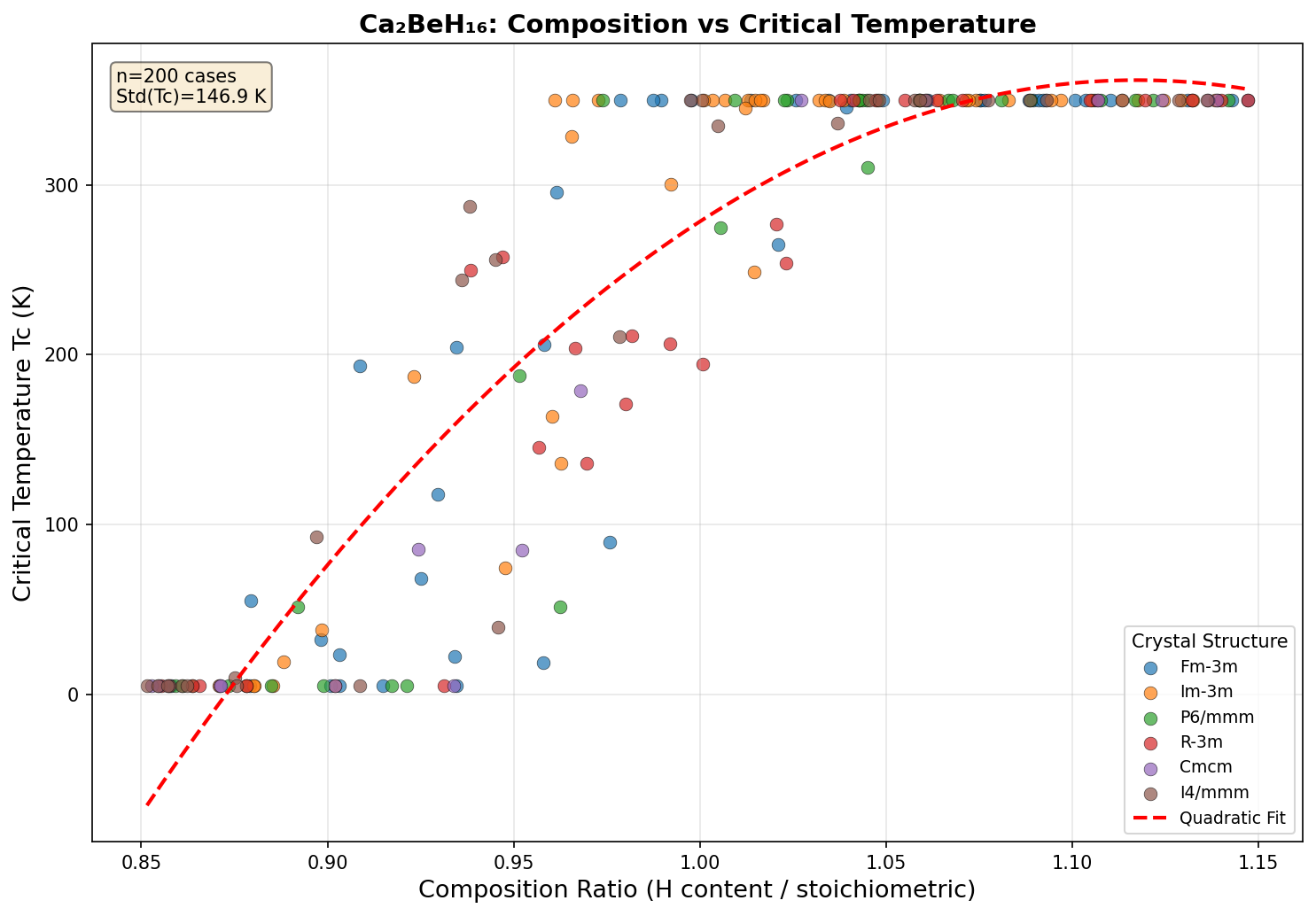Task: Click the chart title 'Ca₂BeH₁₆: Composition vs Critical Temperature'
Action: [697, 24]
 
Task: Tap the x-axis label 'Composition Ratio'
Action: [697, 889]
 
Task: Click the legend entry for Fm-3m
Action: [1209, 666]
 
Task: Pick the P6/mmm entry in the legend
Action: [1216, 717]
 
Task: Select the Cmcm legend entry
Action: [1205, 767]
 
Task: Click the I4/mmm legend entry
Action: [1214, 792]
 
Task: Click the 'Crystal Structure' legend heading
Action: [1208, 640]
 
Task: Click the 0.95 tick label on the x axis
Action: [514, 858]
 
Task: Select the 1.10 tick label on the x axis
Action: [1072, 858]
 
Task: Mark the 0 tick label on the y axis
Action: [74, 695]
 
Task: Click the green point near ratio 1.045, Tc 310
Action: [868, 167]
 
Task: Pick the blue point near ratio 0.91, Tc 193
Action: [360, 366]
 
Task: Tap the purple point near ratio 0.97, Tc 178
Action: [580, 391]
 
